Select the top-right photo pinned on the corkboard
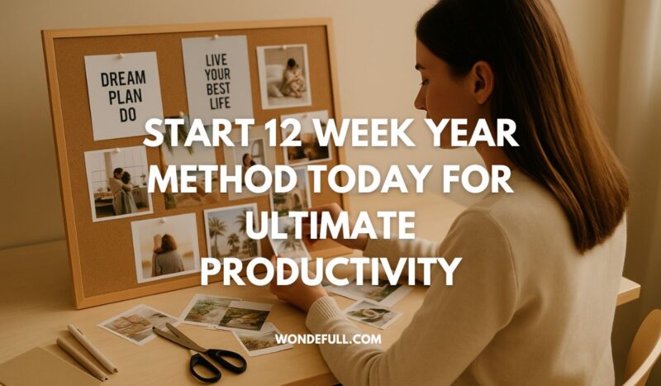coord(283,76)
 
